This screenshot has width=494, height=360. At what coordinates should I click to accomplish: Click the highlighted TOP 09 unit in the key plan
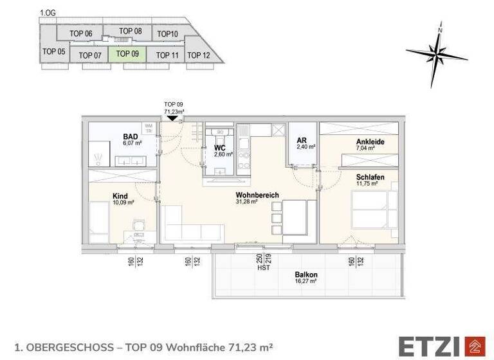[127, 54]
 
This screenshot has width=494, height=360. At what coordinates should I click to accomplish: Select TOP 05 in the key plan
[54, 51]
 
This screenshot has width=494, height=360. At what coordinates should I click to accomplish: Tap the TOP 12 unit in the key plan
[198, 55]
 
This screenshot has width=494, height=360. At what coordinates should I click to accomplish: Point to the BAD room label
[131, 136]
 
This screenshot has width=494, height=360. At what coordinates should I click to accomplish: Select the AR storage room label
[302, 140]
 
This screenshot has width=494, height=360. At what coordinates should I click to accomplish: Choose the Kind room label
[120, 196]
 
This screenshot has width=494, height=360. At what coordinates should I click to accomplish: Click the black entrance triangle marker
[172, 118]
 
